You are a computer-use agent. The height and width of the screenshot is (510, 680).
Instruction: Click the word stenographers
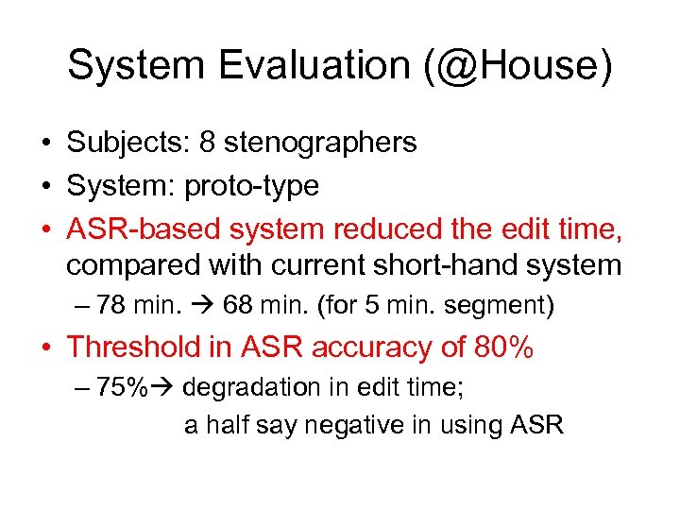pos(322,143)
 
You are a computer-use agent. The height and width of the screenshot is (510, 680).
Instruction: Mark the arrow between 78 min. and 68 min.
pos(202,306)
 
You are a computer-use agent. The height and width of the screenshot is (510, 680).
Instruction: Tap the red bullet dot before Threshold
pos(46,348)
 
